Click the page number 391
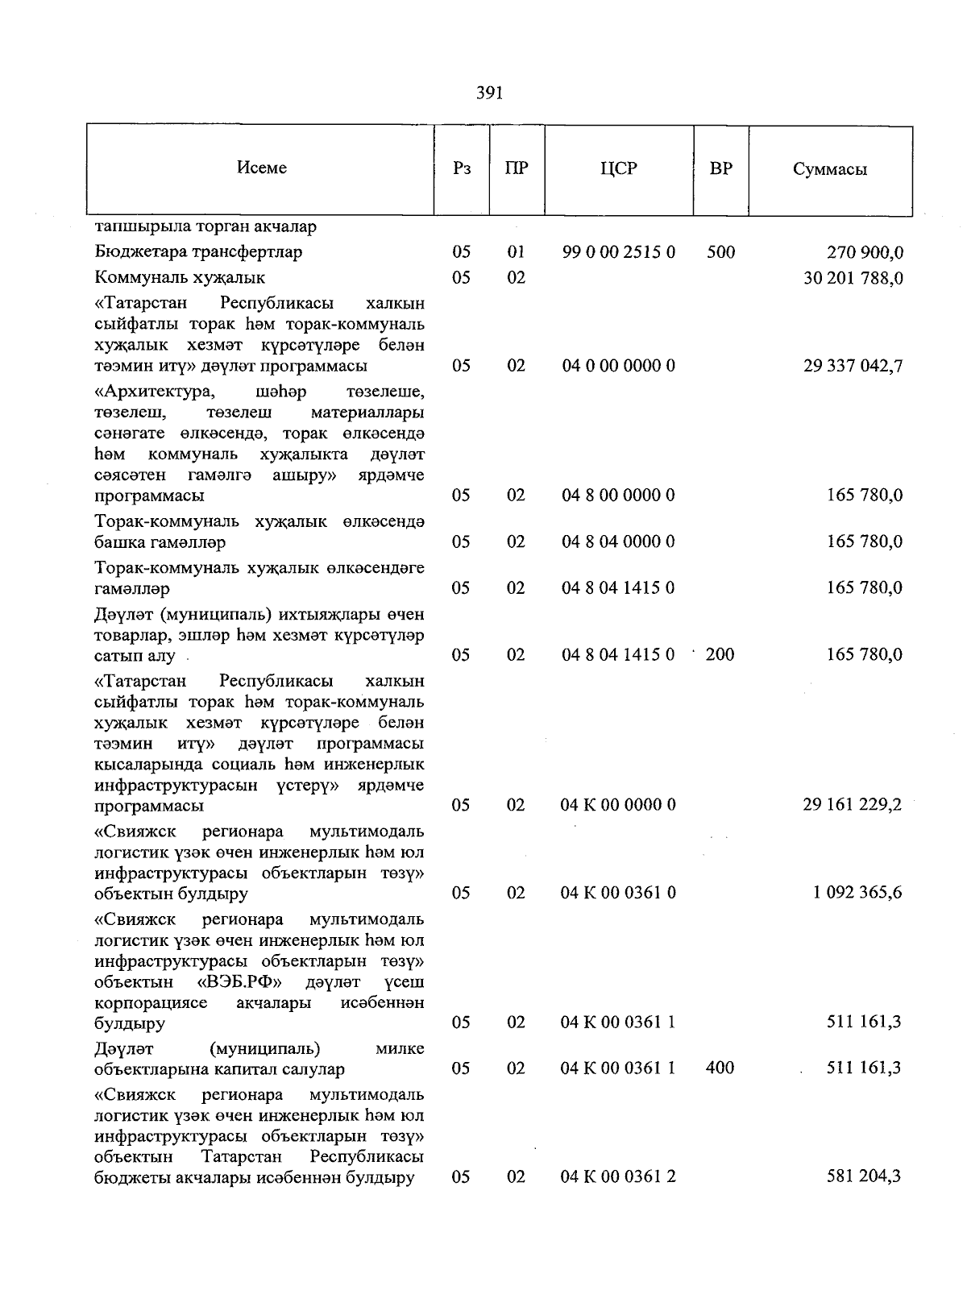pos(489,93)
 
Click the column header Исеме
pos(262,168)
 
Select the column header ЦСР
pos(618,169)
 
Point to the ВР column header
pos(720,169)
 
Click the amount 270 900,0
pos(865,252)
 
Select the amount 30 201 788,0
pos(853,278)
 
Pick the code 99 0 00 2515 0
pos(618,252)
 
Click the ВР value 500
pos(720,252)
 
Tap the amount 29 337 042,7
pos(853,366)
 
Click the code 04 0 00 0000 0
pos(618,366)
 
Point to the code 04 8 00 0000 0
pos(618,495)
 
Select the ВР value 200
pos(720,654)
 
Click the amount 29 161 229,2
pos(853,805)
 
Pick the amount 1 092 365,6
pos(858,893)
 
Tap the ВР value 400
pos(720,1068)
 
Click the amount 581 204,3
pos(865,1177)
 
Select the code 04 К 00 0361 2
pos(618,1177)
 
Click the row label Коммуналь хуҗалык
pos(180,278)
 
